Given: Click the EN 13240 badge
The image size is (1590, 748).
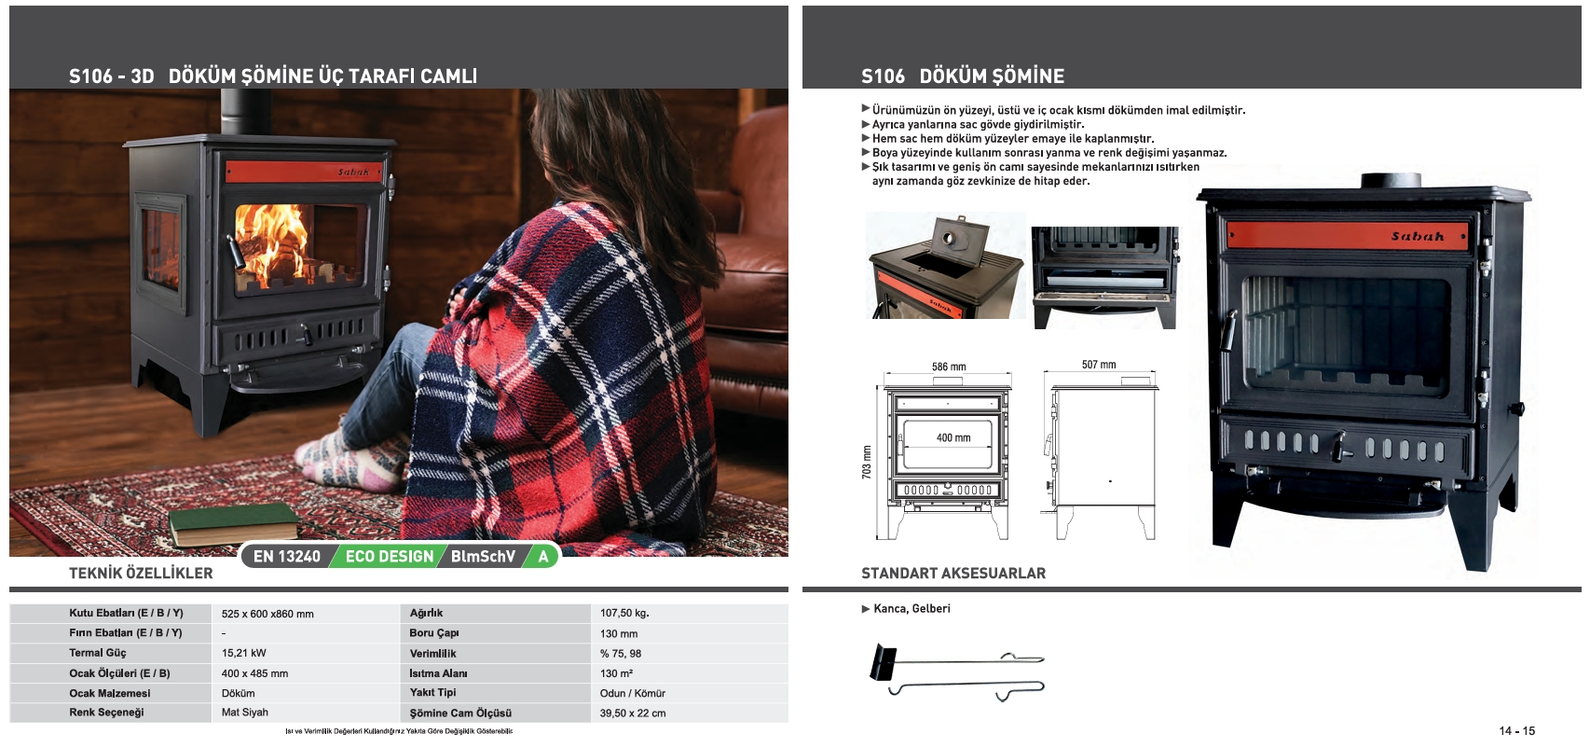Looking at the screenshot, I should (286, 557).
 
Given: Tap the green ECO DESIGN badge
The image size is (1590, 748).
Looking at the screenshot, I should (389, 557).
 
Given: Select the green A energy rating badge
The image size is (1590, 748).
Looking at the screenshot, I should (543, 557).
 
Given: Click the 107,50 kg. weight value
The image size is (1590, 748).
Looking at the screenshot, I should (624, 614).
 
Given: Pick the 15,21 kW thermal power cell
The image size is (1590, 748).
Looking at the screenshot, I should (244, 654).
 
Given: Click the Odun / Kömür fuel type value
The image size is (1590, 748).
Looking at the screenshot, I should (633, 694).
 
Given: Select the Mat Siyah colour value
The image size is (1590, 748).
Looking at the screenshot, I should (245, 713).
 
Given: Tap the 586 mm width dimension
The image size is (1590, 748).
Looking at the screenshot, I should (949, 367).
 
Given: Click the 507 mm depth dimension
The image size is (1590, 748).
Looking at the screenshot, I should (1099, 366).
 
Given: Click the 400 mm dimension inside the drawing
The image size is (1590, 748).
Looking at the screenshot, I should (953, 438).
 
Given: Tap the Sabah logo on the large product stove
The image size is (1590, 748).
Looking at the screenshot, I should (1418, 237).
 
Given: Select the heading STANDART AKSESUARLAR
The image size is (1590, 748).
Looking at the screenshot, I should (953, 574).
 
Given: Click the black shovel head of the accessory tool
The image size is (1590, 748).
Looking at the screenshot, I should (882, 663).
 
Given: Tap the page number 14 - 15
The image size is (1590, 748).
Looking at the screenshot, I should (1516, 731).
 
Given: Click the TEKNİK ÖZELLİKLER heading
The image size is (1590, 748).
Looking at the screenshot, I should (141, 574).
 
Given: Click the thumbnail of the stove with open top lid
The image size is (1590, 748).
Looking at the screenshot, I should (945, 266).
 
